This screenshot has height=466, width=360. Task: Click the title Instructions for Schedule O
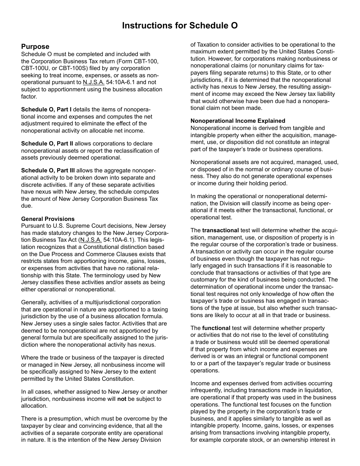pyautogui.click(x=180, y=25)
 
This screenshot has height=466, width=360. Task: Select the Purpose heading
pyautogui.click(x=35, y=47)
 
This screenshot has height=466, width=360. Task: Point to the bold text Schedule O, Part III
pyautogui.click(x=48, y=170)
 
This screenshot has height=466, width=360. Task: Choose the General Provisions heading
pyautogui.click(x=48, y=219)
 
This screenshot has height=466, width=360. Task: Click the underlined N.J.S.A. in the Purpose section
pyautogui.click(x=93, y=83)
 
